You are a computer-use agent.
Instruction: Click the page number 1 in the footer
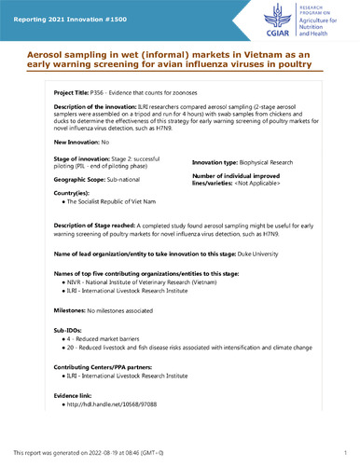click(345, 453)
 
